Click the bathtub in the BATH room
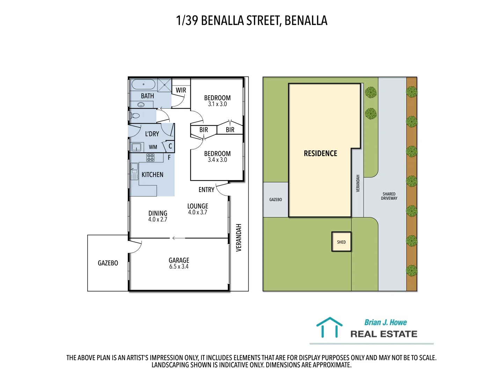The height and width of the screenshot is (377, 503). click(143, 84)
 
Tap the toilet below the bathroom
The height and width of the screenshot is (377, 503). click(135, 116)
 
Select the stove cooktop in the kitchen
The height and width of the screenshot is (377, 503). click(151, 157)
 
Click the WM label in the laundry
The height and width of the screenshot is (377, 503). click(153, 147)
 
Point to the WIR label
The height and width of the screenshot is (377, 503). click(181, 90)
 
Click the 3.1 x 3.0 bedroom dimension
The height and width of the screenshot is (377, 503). click(217, 104)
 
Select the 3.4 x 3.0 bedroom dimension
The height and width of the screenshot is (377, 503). click(217, 160)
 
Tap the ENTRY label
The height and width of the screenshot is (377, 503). click(206, 190)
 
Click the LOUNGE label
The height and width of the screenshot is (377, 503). click(198, 206)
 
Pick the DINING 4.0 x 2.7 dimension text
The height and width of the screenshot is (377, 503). click(158, 220)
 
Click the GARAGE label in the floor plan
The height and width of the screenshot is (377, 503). click(179, 260)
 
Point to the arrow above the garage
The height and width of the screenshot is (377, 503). click(178, 238)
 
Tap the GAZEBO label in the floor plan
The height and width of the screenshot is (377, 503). click(108, 263)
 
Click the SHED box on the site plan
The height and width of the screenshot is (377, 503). click(341, 242)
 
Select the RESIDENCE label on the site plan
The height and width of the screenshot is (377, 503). click(320, 154)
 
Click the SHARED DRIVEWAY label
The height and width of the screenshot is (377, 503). click(389, 196)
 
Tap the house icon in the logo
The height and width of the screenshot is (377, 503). click(329, 327)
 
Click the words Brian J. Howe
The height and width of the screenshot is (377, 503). click(385, 323)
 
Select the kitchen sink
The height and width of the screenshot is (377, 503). click(134, 171)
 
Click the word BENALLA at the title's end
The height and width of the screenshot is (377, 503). click(306, 21)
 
